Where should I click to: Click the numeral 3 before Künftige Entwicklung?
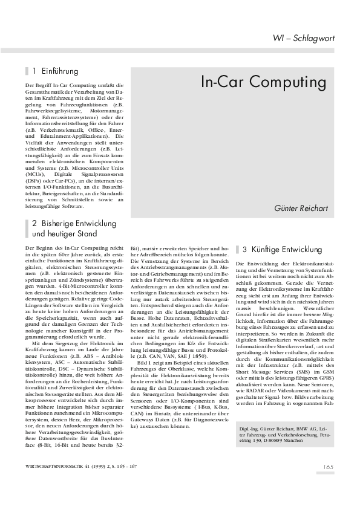244,249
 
